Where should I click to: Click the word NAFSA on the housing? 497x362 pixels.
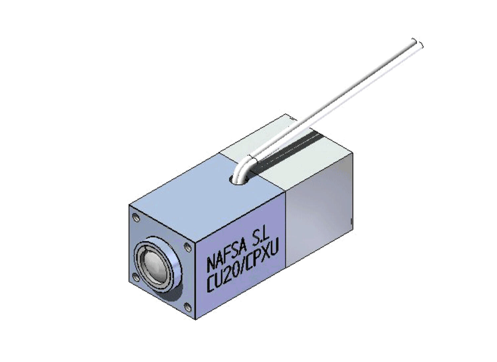click(227, 255)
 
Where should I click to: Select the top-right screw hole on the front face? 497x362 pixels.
click(187, 247)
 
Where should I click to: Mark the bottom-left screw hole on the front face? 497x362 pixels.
click(136, 277)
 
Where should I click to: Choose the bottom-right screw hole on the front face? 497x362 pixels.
click(188, 307)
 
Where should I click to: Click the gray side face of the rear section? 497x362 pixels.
click(318, 215)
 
